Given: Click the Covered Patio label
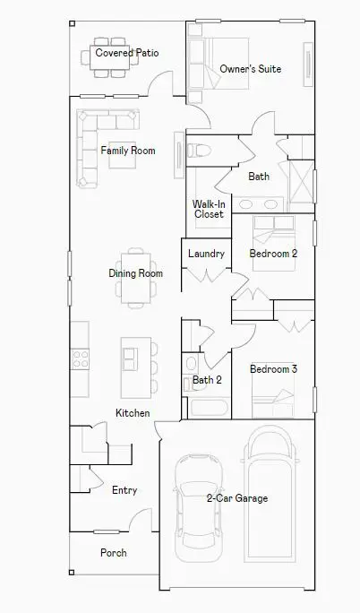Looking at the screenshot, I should (x=127, y=53).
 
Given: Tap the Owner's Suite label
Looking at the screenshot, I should (x=252, y=69).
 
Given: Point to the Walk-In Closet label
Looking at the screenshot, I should (x=209, y=209).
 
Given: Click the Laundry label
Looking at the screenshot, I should (x=206, y=254).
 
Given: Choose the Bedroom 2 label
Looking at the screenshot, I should (x=273, y=254).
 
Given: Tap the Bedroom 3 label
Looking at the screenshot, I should (x=273, y=369).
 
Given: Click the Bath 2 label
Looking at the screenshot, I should (x=207, y=380).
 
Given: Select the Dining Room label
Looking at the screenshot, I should (x=135, y=273).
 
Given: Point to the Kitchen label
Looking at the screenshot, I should (x=133, y=413).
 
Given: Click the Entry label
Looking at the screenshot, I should (x=124, y=490).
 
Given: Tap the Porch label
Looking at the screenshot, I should (x=113, y=553).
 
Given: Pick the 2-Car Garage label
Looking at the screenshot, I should (x=236, y=498).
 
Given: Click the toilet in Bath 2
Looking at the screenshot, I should (x=190, y=363).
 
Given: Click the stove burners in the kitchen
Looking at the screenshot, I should (x=80, y=359).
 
